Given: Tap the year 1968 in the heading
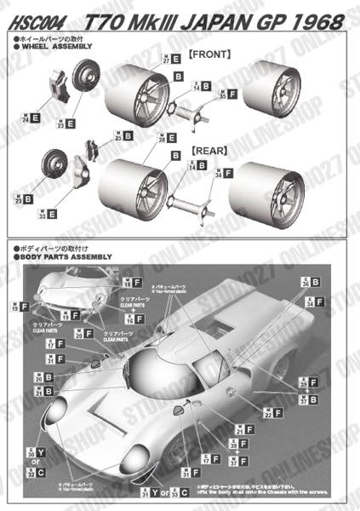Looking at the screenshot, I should (x=310, y=18).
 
